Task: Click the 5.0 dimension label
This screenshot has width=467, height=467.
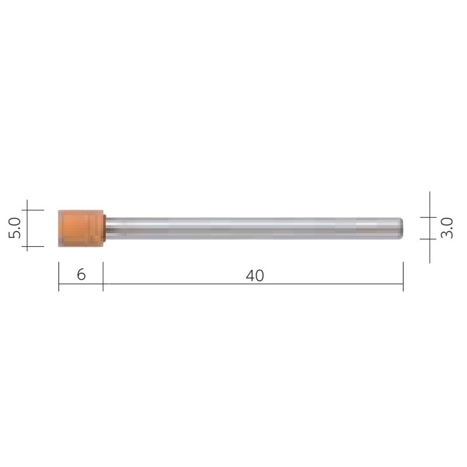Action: click(15, 228)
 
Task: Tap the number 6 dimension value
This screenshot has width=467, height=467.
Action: click(81, 274)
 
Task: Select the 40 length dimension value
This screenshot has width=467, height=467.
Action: click(255, 276)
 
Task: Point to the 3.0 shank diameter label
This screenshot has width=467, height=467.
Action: click(447, 228)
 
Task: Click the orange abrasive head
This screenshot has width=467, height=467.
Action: click(81, 228)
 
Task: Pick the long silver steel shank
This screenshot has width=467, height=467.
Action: click(254, 228)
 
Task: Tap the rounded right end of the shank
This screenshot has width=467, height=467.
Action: click(402, 228)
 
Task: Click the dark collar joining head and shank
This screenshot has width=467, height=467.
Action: click(105, 228)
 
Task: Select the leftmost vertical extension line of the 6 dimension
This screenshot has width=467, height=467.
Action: click(59, 277)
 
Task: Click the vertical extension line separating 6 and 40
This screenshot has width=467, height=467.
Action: click(103, 277)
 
